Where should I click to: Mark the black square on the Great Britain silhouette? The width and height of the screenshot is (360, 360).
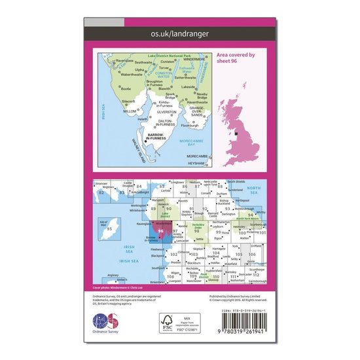tap(236, 133)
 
